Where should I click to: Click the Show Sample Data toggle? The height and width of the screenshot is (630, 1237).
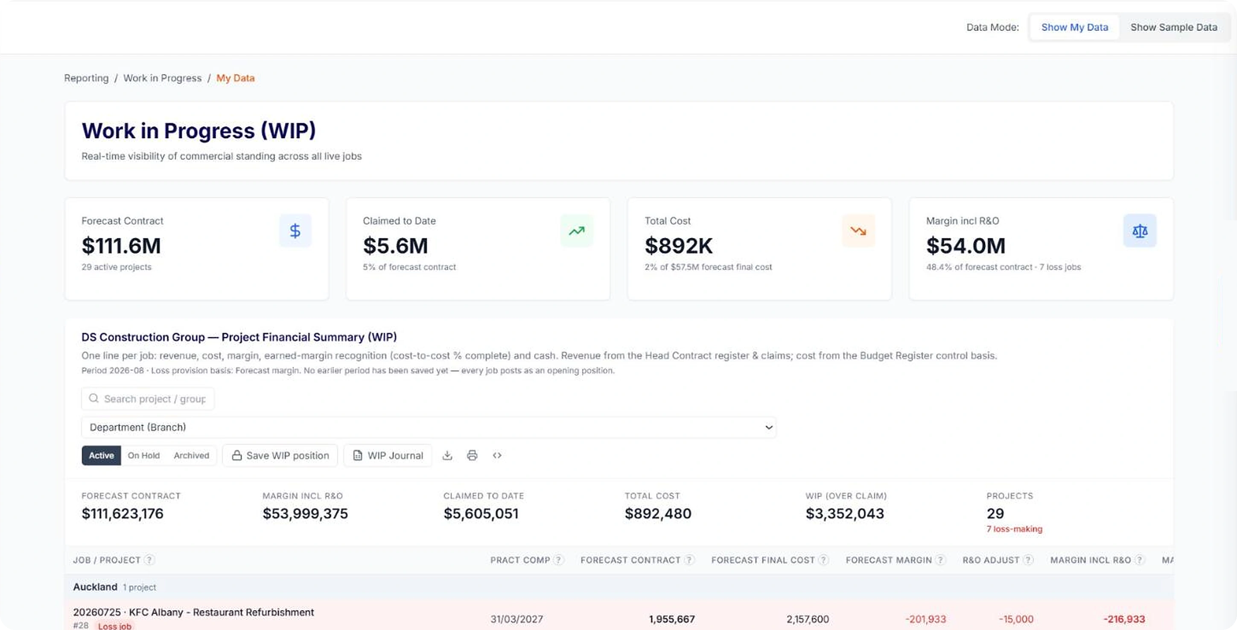click(1174, 27)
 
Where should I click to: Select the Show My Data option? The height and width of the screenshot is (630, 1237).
click(1075, 27)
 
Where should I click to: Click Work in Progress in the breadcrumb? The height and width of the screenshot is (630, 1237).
click(162, 78)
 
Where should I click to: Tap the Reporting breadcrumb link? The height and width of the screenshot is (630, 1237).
click(86, 78)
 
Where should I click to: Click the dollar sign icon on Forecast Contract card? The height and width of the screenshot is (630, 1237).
click(295, 231)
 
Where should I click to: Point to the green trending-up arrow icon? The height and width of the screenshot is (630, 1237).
click(577, 231)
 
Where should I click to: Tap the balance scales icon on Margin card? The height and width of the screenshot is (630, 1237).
click(1140, 231)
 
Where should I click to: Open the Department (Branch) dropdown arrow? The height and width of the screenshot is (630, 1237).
click(769, 427)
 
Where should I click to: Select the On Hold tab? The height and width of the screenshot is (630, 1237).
click(143, 455)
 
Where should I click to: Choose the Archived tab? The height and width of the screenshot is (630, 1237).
click(192, 455)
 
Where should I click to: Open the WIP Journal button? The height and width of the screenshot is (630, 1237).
click(388, 455)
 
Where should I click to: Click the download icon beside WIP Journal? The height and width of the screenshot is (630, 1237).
click(447, 455)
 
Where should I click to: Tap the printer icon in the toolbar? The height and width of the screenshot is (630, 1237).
click(473, 455)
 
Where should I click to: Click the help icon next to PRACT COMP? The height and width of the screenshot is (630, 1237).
click(558, 560)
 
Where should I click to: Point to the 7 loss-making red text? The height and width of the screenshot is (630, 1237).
click(1014, 529)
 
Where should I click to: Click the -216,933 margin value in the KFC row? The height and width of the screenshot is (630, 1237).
click(1124, 619)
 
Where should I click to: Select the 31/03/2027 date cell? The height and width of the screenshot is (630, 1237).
click(516, 619)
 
